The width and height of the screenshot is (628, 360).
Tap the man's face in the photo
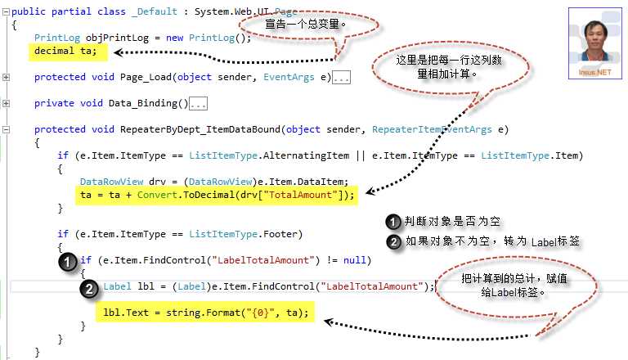[x=595, y=38]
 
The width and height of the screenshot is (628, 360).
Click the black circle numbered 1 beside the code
[x=67, y=262]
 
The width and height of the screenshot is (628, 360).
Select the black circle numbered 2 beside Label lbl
[x=89, y=289]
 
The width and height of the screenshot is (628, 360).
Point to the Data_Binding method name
[x=142, y=103]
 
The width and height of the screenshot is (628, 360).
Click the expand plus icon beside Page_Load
[x=6, y=77]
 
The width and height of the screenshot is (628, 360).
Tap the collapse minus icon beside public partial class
[x=6, y=11]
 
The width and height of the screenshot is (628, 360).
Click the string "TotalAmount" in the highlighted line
[x=300, y=195]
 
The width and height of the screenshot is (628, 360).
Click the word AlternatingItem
[x=306, y=155]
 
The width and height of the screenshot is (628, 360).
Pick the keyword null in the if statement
[x=354, y=260]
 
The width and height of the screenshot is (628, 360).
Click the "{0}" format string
[x=260, y=313]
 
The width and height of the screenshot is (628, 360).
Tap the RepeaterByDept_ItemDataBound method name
[x=200, y=129]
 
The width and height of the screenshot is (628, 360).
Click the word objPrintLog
[x=117, y=38]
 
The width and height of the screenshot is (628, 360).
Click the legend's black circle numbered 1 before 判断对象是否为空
[x=393, y=222]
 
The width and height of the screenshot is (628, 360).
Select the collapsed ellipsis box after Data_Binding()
[x=198, y=104]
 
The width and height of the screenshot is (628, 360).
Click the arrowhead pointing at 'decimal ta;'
[x=118, y=52]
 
